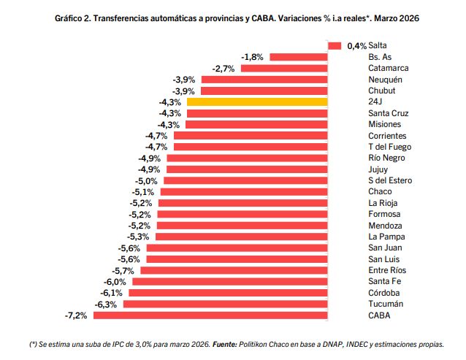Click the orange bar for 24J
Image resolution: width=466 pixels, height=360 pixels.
pyautogui.click(x=257, y=102)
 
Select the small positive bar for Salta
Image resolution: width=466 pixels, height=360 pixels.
pyautogui.click(x=335, y=46)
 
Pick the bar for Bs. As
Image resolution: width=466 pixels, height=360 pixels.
pyautogui.click(x=298, y=57)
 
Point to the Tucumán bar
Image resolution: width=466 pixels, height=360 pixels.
pyautogui.click(x=225, y=304)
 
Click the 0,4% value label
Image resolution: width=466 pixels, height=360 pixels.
pyautogui.click(x=356, y=46)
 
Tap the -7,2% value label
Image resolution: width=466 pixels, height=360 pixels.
pyautogui.click(x=77, y=315)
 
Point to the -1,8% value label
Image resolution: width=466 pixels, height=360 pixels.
pyautogui.click(x=253, y=57)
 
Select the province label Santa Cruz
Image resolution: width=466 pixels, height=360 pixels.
pyautogui.click(x=389, y=113)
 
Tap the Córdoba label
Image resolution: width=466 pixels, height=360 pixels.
pyautogui.click(x=385, y=293)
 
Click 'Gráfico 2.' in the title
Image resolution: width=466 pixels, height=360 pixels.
pyautogui.click(x=75, y=15)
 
